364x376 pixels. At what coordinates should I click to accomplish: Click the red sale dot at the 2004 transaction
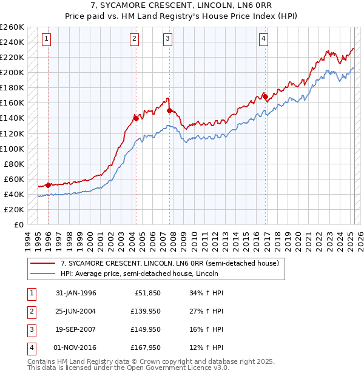click(136, 118)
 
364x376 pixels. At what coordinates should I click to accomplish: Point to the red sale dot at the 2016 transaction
click(265, 96)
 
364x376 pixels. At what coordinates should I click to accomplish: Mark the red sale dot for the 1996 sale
click(48, 185)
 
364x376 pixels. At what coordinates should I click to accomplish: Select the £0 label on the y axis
click(18, 224)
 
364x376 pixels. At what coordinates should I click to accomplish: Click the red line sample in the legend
click(43, 264)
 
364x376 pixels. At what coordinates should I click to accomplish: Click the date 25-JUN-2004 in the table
click(76, 312)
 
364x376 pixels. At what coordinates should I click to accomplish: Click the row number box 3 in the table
click(30, 330)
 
